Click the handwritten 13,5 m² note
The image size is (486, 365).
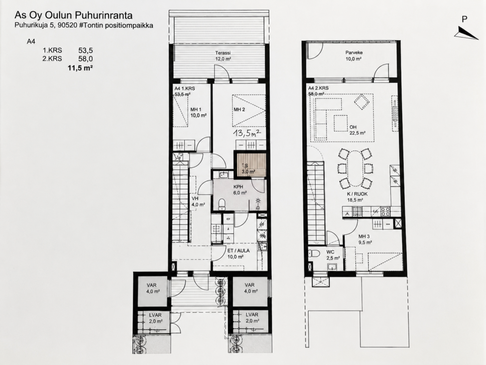[247, 134]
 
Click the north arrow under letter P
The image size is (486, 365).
[467, 33]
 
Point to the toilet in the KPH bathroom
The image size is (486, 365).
[222, 204]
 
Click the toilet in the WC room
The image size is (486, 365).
[314, 254]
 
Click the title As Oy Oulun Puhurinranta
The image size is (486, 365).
[74, 16]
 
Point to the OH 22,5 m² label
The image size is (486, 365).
[357, 130]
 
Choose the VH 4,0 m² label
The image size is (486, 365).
[198, 202]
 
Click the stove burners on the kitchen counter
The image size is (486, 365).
[385, 211]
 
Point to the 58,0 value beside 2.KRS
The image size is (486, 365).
[86, 58]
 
